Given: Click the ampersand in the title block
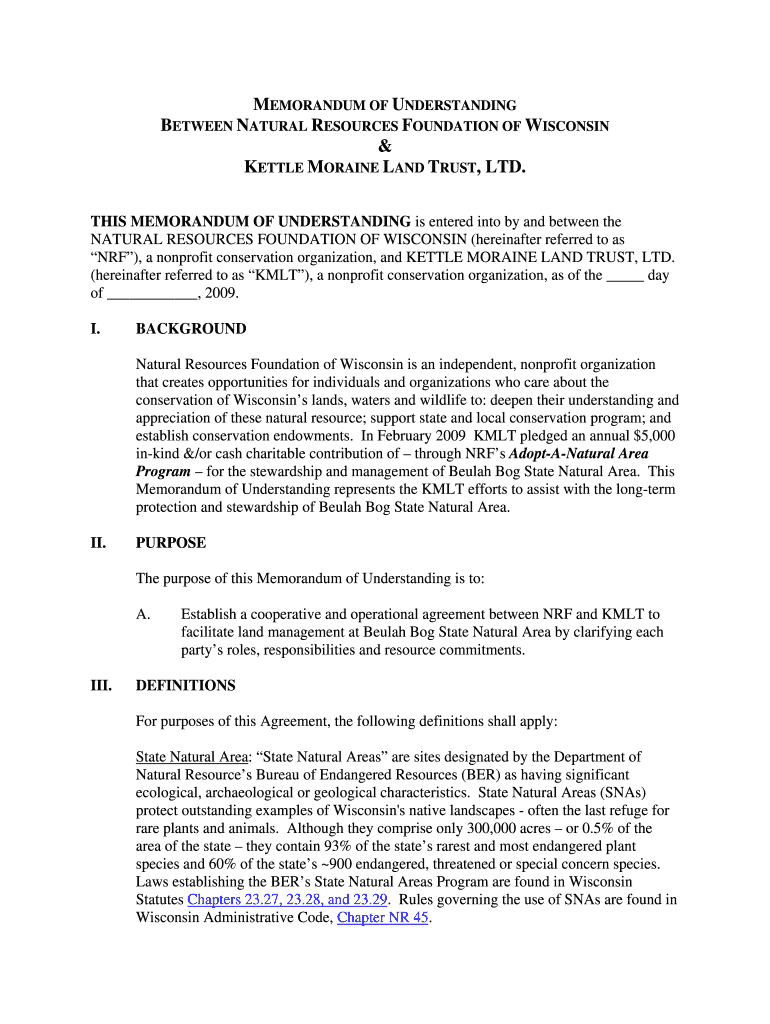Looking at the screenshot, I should tap(385, 145).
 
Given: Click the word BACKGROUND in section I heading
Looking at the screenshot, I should tap(191, 329).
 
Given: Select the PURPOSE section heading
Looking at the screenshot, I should tap(171, 543).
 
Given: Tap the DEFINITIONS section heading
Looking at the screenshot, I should tap(186, 686).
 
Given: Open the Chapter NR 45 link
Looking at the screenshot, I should tap(383, 917).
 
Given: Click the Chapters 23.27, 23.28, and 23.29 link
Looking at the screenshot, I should tap(287, 899).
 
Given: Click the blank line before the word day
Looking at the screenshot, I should tap(625, 276).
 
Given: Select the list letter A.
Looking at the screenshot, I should tap(143, 614).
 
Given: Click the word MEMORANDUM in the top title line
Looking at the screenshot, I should tap(315, 104).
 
